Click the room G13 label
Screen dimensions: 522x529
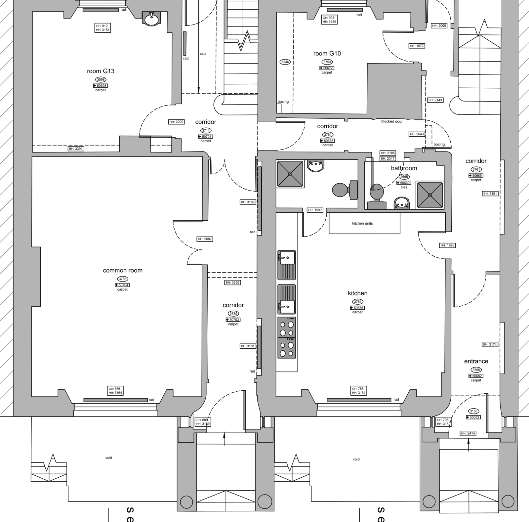pyautogui.click(x=101, y=71)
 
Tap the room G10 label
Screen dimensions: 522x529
pyautogui.click(x=327, y=54)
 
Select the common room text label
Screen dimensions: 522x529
pyautogui.click(x=123, y=271)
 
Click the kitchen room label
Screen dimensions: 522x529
pyautogui.click(x=357, y=293)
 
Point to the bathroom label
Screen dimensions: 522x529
pyautogui.click(x=404, y=168)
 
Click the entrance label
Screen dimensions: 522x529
pyautogui.click(x=476, y=361)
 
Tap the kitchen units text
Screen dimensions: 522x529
pyautogui.click(x=362, y=223)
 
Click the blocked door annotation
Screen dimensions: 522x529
pyautogui.click(x=392, y=121)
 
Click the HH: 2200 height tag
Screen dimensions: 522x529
pyautogui.click(x=176, y=122)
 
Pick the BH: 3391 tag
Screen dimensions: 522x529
pyautogui.click(x=76, y=149)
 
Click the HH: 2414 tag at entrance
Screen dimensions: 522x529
pyautogui.click(x=468, y=433)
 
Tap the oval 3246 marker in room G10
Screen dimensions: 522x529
pyautogui.click(x=285, y=62)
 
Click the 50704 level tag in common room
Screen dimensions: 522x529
pyautogui.click(x=122, y=285)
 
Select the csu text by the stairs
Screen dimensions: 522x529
pyautogui.click(x=203, y=54)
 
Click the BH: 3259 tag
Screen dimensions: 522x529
pyautogui.click(x=232, y=283)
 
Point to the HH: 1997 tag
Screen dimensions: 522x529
pyautogui.click(x=315, y=210)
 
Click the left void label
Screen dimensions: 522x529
pyautogui.click(x=108, y=458)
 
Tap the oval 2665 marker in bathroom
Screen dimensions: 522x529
pyautogui.click(x=404, y=177)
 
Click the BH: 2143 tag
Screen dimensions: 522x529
pyautogui.click(x=435, y=100)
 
